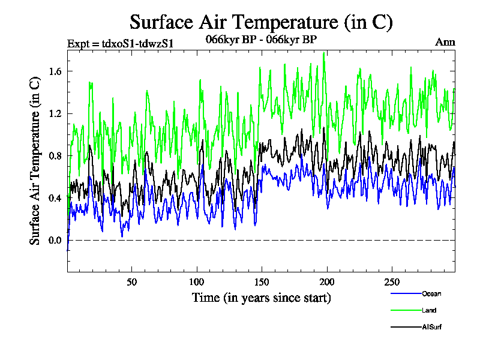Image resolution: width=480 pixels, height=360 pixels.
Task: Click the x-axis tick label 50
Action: tap(132, 282)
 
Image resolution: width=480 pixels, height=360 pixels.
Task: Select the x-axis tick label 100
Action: tap(197, 282)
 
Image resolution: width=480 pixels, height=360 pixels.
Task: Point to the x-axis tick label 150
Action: tap(262, 282)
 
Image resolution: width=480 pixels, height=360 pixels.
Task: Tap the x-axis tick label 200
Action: tap(326, 282)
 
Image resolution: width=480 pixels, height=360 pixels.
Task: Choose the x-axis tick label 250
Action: tap(391, 282)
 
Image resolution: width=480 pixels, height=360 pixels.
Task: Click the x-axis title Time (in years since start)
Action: tap(261, 298)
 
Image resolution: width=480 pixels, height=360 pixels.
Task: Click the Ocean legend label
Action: tap(431, 294)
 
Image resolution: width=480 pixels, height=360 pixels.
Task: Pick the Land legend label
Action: tap(428, 310)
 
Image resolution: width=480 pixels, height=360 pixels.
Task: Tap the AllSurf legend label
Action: tap(431, 327)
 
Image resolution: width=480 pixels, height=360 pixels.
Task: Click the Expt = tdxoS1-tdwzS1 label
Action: tap(120, 43)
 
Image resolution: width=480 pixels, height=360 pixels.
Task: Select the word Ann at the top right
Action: tap(445, 43)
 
